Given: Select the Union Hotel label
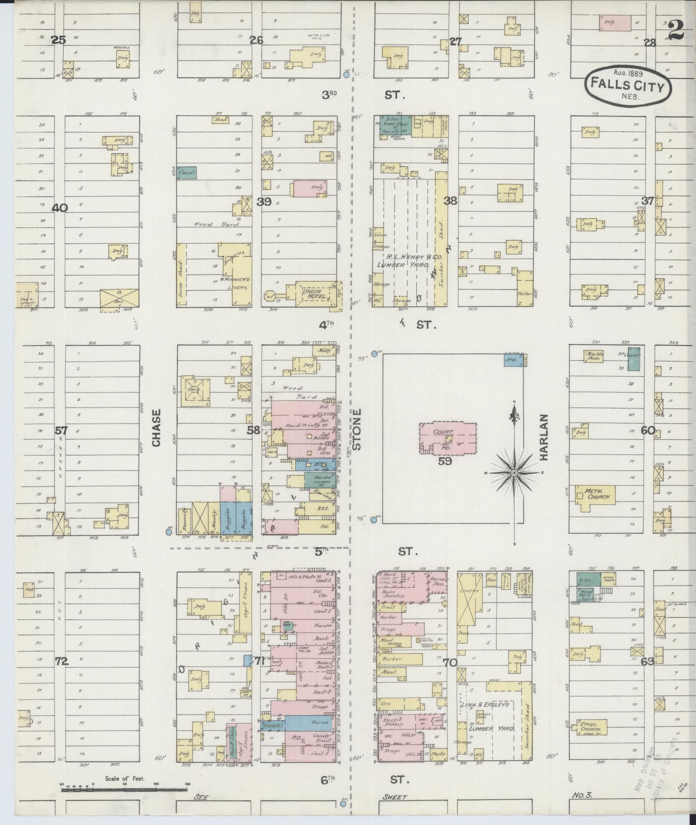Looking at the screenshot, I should (x=314, y=294).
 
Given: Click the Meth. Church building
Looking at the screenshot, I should (x=596, y=494).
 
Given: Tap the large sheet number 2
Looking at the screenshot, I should (x=677, y=31).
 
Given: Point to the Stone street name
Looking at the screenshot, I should (x=356, y=430).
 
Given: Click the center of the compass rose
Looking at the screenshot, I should (x=514, y=473).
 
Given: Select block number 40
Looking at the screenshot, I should (x=60, y=208).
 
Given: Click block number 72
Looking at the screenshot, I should (x=62, y=660).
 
